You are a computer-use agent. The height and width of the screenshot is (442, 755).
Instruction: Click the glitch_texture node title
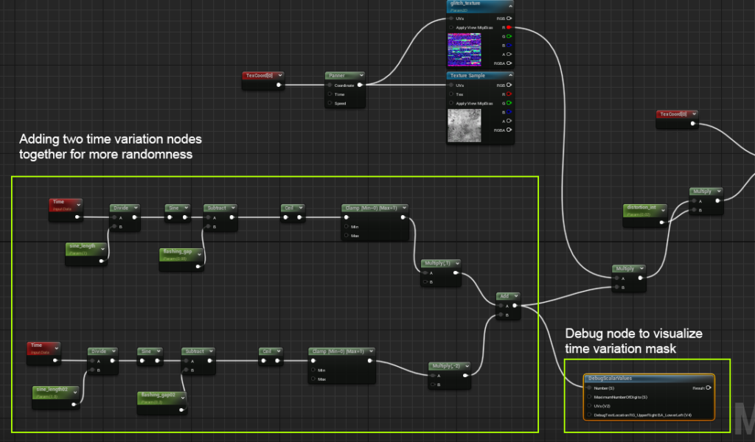466,4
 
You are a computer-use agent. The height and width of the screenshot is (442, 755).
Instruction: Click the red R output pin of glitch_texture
509,27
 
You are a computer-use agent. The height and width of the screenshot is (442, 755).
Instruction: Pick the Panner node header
344,75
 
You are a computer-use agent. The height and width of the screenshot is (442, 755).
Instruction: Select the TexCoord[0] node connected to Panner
262,75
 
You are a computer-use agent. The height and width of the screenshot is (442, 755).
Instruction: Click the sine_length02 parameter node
55,389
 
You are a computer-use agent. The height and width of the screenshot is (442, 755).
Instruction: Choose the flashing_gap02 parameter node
163,396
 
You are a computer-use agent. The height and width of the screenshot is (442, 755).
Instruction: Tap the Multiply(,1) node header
441,263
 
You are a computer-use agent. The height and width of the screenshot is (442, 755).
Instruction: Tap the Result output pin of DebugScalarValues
709,387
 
